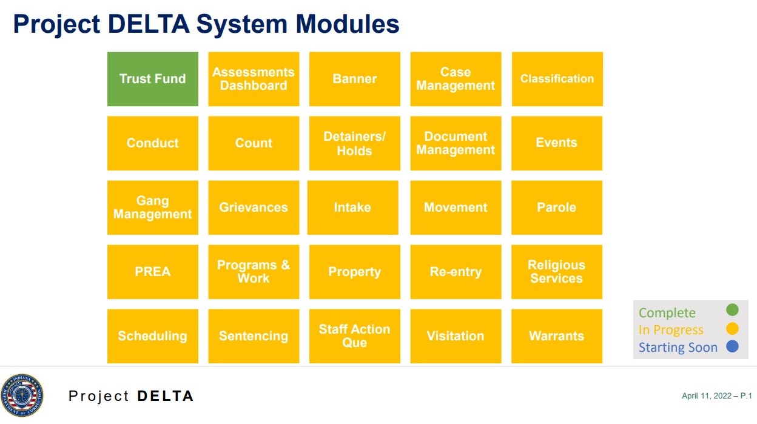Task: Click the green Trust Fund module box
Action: (153, 79)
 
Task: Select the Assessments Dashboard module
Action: (254, 79)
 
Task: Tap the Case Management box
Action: (456, 79)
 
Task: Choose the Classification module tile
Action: (557, 79)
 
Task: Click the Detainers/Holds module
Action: (354, 143)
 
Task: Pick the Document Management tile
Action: (456, 143)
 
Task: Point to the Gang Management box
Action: (153, 207)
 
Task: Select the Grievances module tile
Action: (254, 207)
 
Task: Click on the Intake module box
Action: (352, 207)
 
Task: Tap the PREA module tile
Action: (153, 272)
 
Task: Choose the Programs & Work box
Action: (254, 272)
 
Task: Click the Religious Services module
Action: (557, 272)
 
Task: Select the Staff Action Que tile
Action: (354, 336)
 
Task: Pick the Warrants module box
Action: (557, 336)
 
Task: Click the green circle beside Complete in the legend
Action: (732, 311)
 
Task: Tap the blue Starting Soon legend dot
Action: (732, 347)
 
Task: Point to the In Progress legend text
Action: (671, 330)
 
